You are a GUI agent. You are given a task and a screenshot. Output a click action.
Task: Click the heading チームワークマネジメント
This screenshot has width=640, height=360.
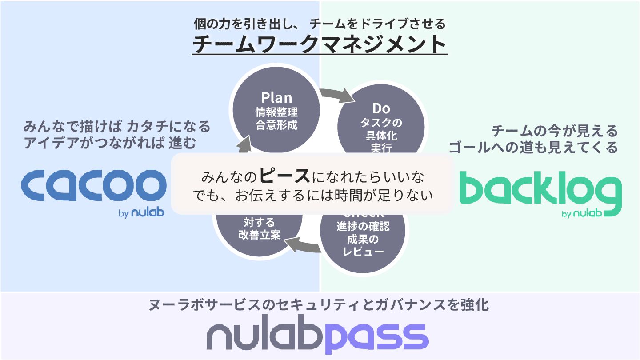[x=320, y=44]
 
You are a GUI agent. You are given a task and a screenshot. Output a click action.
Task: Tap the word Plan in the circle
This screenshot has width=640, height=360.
[x=276, y=97]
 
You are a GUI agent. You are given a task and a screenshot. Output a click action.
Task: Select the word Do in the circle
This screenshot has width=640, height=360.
[x=381, y=108]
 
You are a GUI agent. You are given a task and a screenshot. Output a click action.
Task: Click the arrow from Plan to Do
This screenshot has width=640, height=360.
[x=336, y=94]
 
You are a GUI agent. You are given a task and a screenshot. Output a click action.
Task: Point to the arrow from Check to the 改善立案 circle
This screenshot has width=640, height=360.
[x=302, y=245]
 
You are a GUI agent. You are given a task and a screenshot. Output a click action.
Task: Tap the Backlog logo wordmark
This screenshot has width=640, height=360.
[x=540, y=191]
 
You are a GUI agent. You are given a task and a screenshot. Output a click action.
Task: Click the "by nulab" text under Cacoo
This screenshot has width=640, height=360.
[x=141, y=213]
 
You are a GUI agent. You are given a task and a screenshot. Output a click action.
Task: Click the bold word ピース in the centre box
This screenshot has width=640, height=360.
[x=284, y=176]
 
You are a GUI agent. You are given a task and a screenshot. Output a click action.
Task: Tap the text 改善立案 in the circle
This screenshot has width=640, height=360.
[x=260, y=235]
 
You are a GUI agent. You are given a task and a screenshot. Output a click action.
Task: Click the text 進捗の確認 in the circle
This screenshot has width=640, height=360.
[x=363, y=227]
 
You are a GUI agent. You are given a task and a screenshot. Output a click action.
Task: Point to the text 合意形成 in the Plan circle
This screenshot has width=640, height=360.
[x=276, y=125]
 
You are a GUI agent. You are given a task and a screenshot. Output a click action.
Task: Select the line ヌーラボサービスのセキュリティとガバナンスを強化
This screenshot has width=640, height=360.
[x=320, y=305]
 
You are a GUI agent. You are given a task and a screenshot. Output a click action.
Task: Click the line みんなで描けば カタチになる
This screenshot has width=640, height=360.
[x=117, y=127]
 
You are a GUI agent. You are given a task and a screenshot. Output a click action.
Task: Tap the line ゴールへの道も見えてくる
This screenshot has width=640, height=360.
[x=533, y=147]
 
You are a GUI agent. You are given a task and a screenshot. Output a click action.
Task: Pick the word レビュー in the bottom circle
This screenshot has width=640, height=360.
[x=363, y=252]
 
